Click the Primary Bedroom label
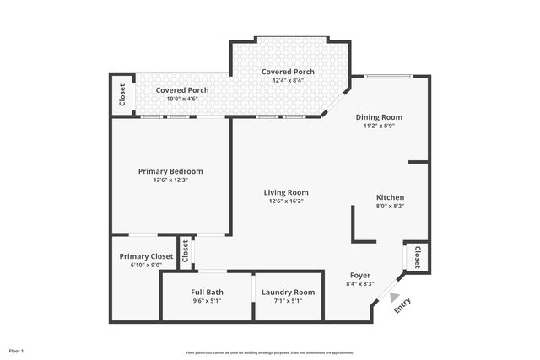170,171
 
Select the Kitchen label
390,197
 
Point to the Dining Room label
379,117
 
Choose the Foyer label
360,275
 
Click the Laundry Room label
288,292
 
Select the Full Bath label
207,292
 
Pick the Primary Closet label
146,256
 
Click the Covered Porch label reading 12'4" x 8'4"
288,73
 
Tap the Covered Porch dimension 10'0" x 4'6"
181,99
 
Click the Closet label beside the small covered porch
122,94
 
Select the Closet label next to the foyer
417,256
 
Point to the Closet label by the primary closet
185,251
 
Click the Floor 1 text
16,350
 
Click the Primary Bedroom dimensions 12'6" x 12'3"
170,180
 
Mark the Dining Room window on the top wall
389,77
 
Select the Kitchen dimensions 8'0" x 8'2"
390,206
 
